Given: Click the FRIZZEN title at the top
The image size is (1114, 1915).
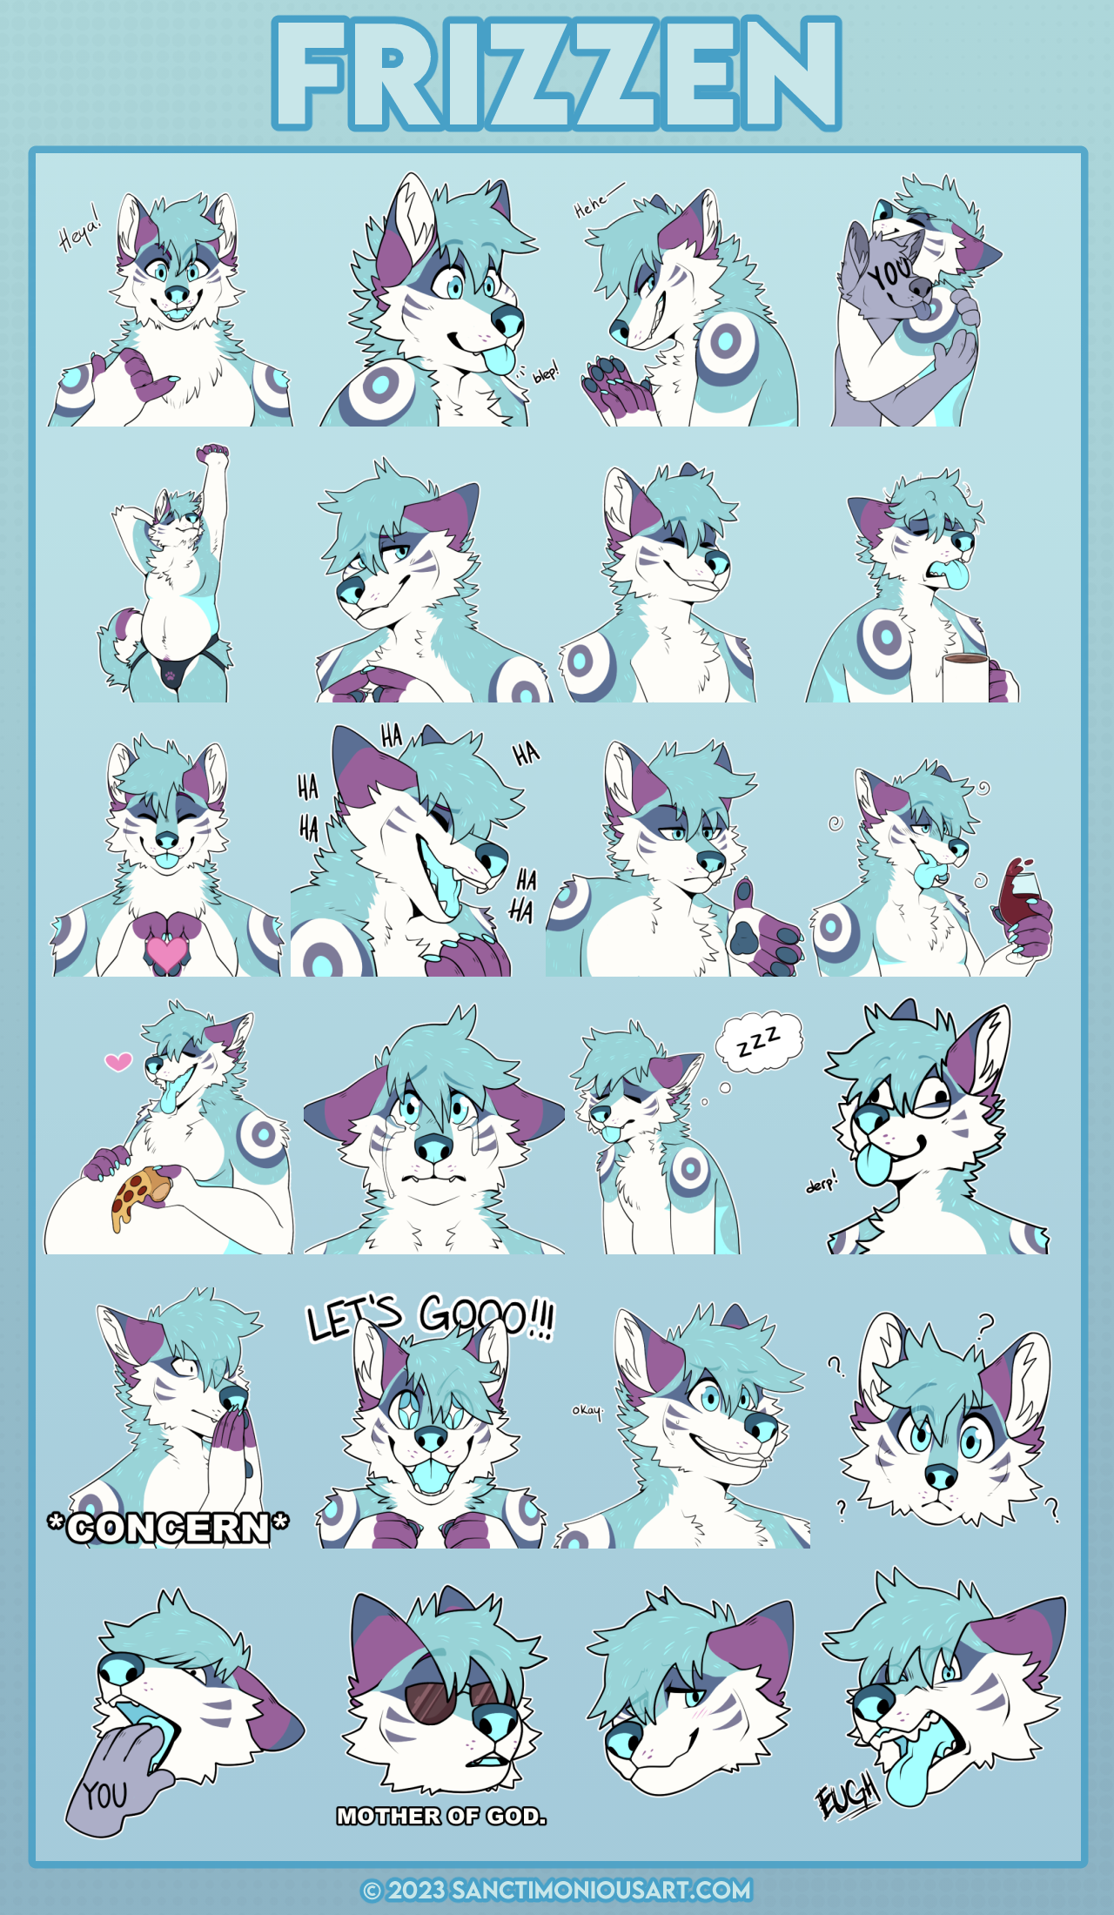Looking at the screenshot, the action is tap(557, 74).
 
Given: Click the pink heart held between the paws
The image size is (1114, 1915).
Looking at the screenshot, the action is tap(166, 951).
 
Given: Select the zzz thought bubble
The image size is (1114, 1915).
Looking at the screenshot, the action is tap(758, 1040).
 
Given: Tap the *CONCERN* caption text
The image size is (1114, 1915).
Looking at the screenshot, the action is tap(168, 1528).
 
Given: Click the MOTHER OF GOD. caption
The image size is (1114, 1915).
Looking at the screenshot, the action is tap(441, 1816).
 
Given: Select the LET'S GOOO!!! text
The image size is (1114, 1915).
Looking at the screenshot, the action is tap(430, 1316).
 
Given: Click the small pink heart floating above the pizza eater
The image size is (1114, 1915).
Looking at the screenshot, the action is tap(118, 1061).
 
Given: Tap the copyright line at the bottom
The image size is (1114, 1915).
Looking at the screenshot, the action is tap(557, 1890).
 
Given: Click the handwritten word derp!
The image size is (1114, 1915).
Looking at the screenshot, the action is tap(821, 1183).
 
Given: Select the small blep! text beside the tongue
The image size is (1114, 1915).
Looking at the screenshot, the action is tap(546, 373).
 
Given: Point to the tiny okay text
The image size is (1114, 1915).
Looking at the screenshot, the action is tap(587, 1410).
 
